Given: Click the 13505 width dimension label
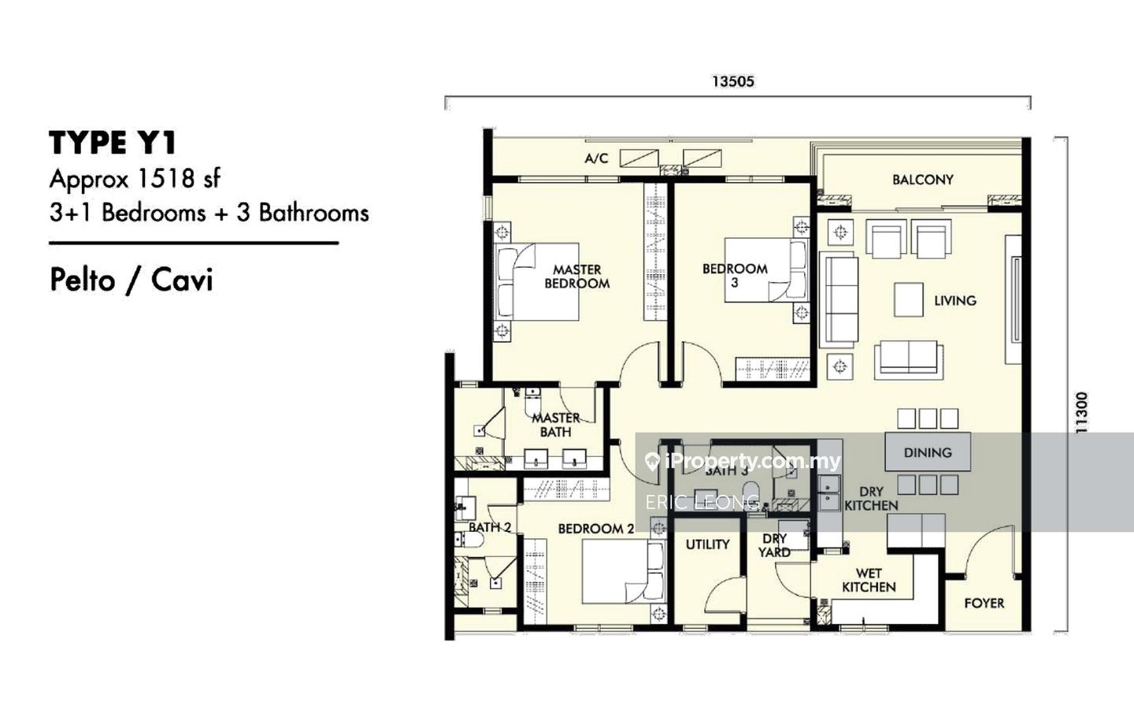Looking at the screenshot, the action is click(x=733, y=82).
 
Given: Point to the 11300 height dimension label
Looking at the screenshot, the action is click(x=1080, y=412).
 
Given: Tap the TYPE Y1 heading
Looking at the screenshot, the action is click(x=113, y=143).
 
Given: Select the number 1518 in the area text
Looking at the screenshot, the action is click(x=165, y=179).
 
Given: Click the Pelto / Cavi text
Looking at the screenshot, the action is click(x=132, y=281).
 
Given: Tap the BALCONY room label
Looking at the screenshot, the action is click(x=922, y=180).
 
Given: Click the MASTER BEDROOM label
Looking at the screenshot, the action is click(x=576, y=277).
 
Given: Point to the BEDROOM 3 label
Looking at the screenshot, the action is click(x=735, y=276).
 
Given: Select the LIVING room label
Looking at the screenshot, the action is click(x=954, y=301).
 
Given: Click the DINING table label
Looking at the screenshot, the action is click(x=928, y=452).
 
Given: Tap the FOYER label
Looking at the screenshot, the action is click(x=984, y=603).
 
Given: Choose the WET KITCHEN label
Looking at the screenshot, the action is click(x=869, y=580).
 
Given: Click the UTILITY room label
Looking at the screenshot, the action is click(x=707, y=544).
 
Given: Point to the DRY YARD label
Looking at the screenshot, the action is click(x=775, y=545).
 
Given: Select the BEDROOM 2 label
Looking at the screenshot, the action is click(x=596, y=529).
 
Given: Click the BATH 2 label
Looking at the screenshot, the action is click(x=490, y=527).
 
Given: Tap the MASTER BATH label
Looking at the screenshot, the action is click(x=555, y=425).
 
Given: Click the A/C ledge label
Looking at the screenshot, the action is click(x=596, y=158).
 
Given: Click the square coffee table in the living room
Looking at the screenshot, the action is click(x=909, y=300).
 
